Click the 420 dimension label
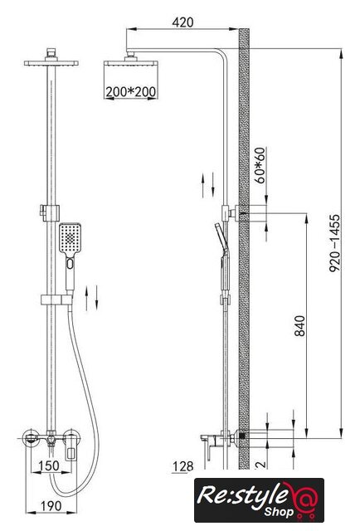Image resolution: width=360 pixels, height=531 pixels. coord(182,22)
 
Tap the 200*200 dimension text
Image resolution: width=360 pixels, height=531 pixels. coord(131,92)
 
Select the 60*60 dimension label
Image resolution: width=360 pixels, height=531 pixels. coord(260,166)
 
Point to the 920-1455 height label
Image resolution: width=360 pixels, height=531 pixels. coord(334,243)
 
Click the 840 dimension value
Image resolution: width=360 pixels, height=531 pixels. coord(299,326)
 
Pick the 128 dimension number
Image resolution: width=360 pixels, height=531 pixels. coord(182,466)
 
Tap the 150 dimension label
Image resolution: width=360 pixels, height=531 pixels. coord(49,465)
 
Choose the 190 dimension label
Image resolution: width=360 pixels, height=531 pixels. coord(51,506)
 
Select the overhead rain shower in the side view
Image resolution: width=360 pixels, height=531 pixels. coord(131,62)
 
